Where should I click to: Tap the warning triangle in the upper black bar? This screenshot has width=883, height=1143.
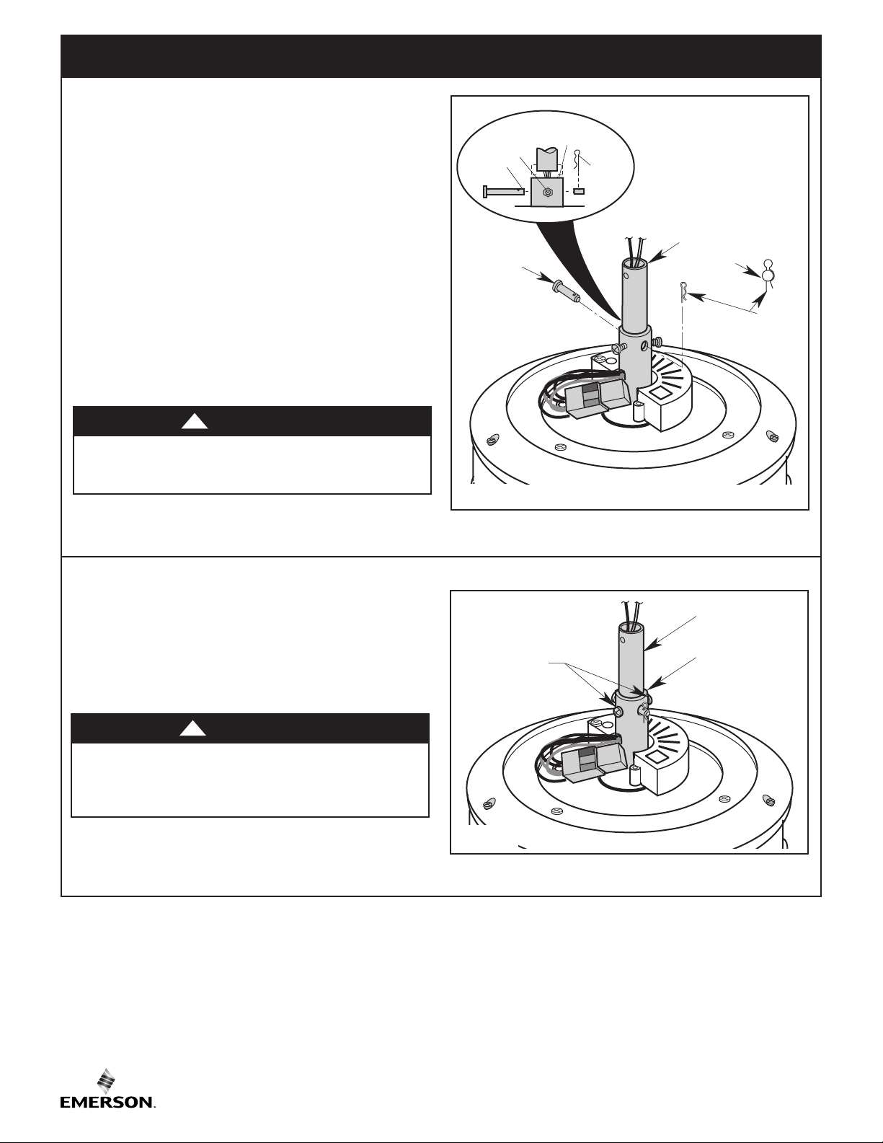point(195,422)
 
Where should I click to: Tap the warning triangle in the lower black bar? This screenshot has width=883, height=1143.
point(192,729)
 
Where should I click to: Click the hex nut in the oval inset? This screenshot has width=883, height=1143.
point(548,193)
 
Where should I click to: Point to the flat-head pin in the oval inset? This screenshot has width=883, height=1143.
point(504,192)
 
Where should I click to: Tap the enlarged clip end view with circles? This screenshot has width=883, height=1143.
point(768,273)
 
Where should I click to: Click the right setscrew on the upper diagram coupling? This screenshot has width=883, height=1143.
point(656,342)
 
